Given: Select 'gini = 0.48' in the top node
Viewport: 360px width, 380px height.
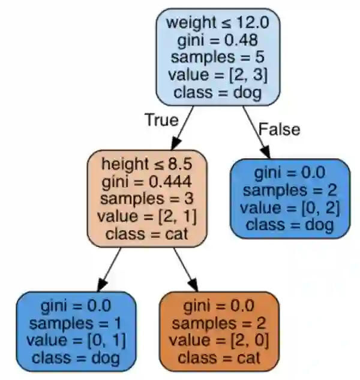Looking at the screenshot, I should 218,41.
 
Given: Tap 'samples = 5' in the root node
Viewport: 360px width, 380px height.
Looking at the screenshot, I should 218,58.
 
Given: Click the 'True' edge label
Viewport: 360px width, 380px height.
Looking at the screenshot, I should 161,119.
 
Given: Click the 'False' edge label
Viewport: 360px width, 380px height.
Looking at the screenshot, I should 278,128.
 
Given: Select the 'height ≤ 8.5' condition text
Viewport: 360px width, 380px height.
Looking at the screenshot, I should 147,164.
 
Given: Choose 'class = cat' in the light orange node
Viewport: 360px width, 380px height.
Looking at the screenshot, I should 147,233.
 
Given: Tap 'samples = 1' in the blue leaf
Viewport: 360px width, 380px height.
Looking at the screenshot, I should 76,323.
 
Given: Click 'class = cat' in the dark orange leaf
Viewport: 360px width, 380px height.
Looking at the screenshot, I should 219,358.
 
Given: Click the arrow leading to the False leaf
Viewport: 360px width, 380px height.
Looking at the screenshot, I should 254,132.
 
